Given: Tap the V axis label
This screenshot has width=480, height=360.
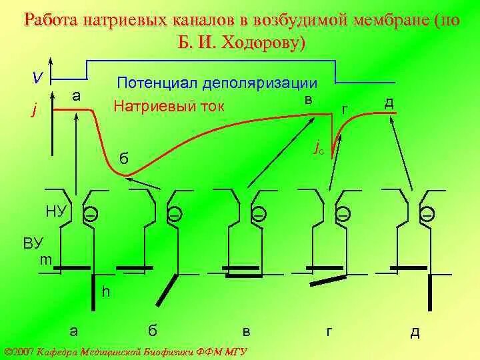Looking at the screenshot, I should (39, 78).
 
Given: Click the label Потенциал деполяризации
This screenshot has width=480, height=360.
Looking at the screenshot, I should (217, 83).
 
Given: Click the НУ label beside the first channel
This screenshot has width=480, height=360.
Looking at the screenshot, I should (56, 212).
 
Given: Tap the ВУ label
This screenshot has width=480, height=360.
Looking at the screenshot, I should (33, 243).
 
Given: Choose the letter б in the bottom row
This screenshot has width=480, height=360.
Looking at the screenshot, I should (153, 330).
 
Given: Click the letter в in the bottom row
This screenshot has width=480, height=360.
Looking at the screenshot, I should (247, 331).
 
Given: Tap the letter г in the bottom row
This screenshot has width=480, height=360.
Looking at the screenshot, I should (329, 331).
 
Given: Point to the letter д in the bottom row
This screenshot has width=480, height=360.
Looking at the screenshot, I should (415, 331).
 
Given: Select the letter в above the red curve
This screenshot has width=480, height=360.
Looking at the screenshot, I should (309, 99).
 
